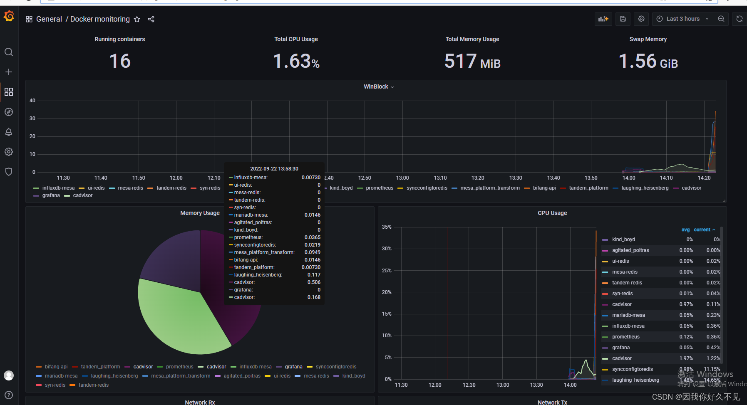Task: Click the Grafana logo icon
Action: click(9, 16)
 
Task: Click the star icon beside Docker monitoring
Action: click(137, 19)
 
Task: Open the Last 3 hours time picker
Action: click(682, 19)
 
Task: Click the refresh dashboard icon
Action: click(739, 19)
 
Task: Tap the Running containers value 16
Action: click(120, 61)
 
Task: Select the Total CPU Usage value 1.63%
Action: click(296, 61)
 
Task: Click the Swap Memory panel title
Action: click(648, 39)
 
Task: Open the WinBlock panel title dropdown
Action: click(378, 86)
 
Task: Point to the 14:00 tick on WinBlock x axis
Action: click(628, 178)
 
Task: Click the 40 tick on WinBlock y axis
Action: click(32, 101)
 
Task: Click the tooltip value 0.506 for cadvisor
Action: click(313, 282)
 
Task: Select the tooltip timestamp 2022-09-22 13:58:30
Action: click(274, 169)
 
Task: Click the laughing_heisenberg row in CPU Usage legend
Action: click(635, 380)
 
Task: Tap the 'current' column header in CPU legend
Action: click(702, 230)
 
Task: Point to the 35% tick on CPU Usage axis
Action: click(387, 227)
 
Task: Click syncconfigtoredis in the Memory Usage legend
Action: click(335, 367)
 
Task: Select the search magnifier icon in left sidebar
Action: click(9, 52)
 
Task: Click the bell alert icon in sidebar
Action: click(9, 132)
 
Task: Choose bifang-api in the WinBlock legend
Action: click(544, 188)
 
